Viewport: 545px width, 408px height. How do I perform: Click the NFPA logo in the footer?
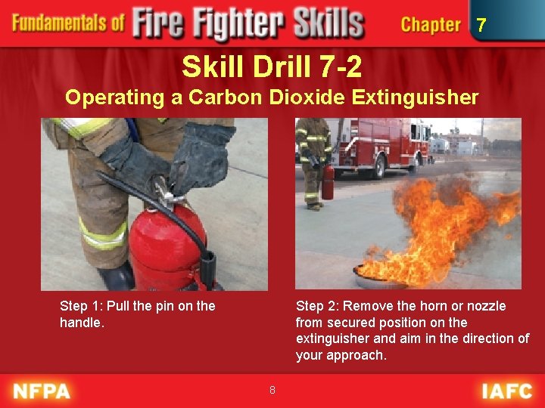pos(42,391)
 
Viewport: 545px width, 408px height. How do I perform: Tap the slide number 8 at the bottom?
pos(272,390)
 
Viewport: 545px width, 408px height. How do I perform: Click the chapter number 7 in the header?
pos(481,26)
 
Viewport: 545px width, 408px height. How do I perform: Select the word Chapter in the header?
pos(431,25)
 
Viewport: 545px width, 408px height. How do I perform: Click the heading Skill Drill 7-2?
pos(272,68)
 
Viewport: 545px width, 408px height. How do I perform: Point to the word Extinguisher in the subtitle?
pos(420,97)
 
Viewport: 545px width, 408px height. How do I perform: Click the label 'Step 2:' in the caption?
pos(318,306)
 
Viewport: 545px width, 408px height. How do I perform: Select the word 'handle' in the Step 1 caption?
pos(79,323)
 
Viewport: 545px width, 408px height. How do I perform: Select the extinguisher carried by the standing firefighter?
pos(328,183)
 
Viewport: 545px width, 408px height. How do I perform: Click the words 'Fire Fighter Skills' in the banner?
pos(248,24)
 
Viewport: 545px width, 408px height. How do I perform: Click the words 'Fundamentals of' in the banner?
pos(68,23)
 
